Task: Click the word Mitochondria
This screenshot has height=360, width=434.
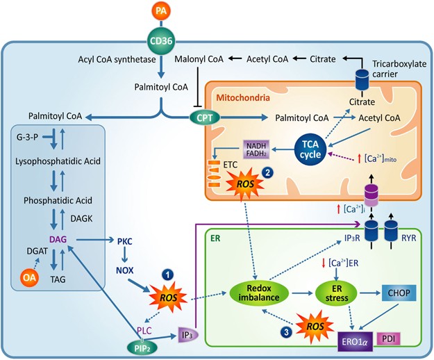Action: pos(243,97)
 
